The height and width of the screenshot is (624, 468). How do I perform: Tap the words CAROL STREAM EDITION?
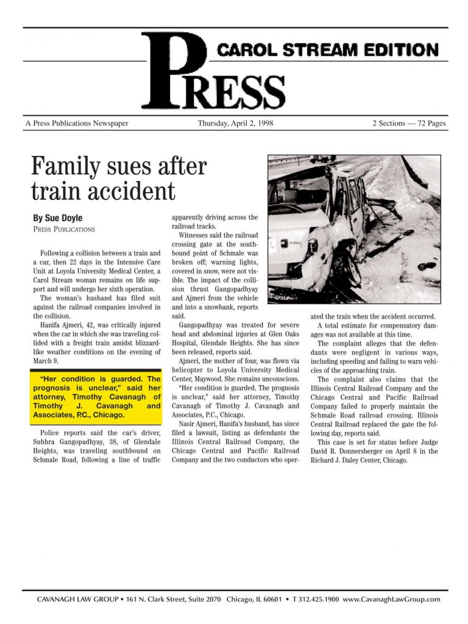(328, 49)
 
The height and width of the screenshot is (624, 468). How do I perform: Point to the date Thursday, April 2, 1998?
(235, 123)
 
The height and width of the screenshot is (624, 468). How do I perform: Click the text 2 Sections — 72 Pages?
(409, 123)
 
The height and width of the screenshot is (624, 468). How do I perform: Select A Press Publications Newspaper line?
(77, 123)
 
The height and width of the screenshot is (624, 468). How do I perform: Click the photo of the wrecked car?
(354, 229)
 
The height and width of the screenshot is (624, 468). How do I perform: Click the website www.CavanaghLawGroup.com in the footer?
(391, 600)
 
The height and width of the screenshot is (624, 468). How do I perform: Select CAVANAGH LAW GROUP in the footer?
(77, 600)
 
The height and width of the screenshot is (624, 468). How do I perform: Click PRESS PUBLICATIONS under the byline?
(64, 230)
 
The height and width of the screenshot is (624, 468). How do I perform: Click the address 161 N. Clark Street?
(159, 600)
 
